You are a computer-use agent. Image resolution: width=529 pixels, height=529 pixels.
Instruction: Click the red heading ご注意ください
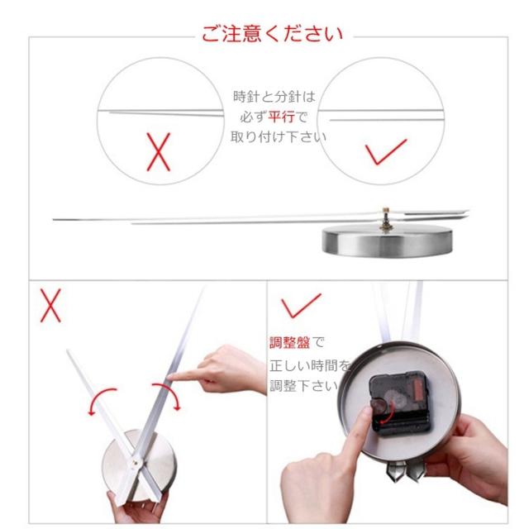pos(272,34)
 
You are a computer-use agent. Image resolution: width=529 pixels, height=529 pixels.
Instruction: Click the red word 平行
pos(281,117)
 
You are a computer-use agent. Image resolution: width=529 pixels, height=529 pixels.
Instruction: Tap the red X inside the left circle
pos(158,152)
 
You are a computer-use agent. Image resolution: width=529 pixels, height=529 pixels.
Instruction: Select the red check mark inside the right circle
pos(386,152)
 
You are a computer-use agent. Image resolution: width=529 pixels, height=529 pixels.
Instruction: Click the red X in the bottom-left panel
pos(50,305)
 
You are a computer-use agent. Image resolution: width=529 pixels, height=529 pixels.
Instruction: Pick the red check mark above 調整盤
pos(301,305)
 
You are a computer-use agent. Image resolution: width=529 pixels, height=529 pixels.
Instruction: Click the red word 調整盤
pos(289,343)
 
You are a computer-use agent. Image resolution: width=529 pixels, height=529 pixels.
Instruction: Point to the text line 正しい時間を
pos(310,365)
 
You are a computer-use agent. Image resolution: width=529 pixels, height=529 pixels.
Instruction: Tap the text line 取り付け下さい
pos(279,137)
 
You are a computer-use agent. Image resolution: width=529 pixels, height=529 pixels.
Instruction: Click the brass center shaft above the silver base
pos(386,220)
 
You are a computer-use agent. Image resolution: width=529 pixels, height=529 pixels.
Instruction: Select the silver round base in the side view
pos(387,241)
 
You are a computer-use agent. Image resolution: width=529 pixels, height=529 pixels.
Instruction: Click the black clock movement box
pos(400,403)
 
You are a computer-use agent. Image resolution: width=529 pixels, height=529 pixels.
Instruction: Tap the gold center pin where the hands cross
pos(135,463)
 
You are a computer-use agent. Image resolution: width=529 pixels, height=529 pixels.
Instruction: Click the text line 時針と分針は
pos(274,97)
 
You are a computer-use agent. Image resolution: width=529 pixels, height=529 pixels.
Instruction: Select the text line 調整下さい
pos(303,386)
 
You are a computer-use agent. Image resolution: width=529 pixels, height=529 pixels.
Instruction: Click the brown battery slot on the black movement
pos(419,390)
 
